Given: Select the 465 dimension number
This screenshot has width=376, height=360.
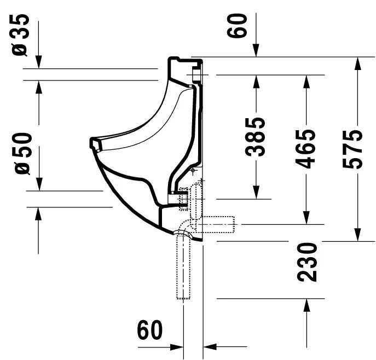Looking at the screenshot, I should click(x=308, y=149).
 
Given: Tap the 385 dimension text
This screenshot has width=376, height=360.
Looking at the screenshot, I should click(x=256, y=137).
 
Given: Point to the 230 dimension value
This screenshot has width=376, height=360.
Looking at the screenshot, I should click(x=308, y=262).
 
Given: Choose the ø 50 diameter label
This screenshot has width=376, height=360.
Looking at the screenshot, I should click(x=21, y=153).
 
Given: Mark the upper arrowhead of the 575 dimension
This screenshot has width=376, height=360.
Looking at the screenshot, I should click(x=358, y=63).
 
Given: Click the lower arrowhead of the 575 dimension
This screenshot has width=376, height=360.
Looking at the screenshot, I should click(x=358, y=234).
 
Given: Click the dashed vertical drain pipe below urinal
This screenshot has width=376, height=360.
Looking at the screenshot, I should click(x=182, y=268).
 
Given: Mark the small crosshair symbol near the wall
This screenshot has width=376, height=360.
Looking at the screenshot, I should click(x=193, y=171).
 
